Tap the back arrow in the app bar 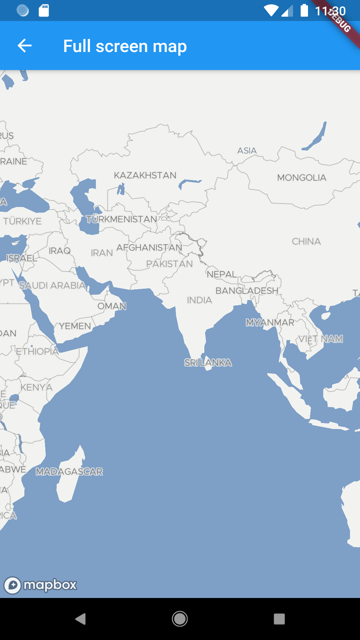coord(25,46)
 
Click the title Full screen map coord(125,46)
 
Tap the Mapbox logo coord(40,585)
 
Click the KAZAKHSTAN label coord(145,175)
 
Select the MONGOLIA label coord(302,178)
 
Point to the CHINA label coord(306,241)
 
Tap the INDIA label coord(199,300)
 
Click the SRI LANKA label coord(208,362)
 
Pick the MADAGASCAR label coord(69,472)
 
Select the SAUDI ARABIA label coord(52,285)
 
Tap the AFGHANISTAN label coord(149,247)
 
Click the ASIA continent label coord(247,151)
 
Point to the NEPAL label coord(222,274)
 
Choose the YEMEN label coord(75,326)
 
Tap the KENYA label coord(37,387)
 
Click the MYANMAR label coord(270,322)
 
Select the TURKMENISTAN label coord(122,219)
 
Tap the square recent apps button coord(279,619)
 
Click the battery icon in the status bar coord(304,10)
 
